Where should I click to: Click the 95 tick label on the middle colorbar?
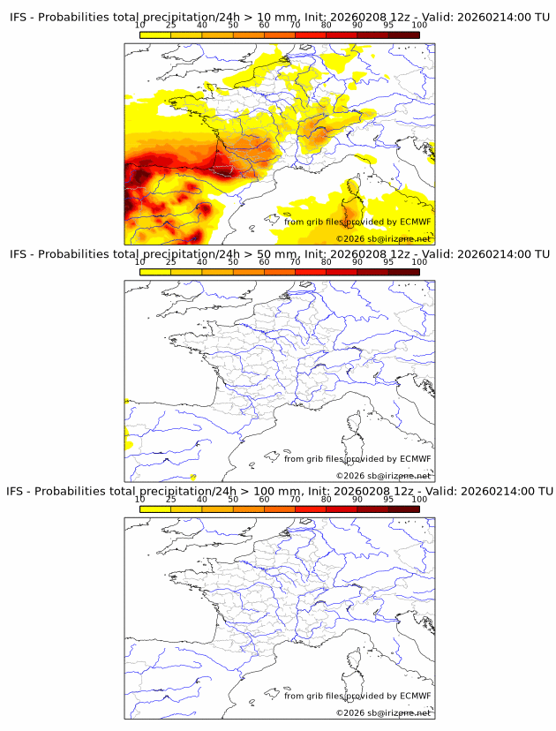click(x=388, y=262)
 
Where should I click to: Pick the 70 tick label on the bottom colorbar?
click(x=295, y=500)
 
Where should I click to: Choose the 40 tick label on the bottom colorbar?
click(x=202, y=500)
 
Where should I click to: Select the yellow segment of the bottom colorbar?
click(x=155, y=509)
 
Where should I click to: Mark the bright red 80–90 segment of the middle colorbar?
click(x=342, y=271)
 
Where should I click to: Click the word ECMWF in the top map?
click(x=416, y=222)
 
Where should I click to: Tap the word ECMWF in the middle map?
click(x=416, y=459)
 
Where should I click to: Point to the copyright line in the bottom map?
click(x=383, y=712)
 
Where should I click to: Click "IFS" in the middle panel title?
click(x=19, y=254)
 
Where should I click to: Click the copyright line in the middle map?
click(x=383, y=476)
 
